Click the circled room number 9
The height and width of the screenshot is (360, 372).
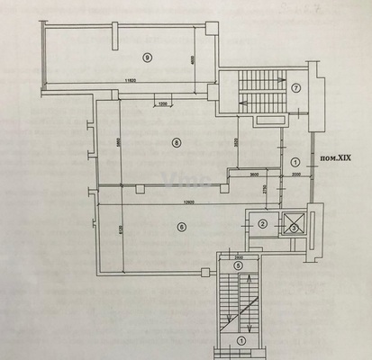(x=147, y=58)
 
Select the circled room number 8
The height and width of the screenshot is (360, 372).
(x=177, y=141)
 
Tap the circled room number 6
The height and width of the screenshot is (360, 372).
(x=181, y=227)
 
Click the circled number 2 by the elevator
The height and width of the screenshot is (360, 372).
(x=262, y=224)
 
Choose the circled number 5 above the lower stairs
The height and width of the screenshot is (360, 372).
(x=238, y=265)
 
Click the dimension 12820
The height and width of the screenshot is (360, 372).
(x=186, y=201)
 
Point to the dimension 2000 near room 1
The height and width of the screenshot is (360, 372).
(x=296, y=175)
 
